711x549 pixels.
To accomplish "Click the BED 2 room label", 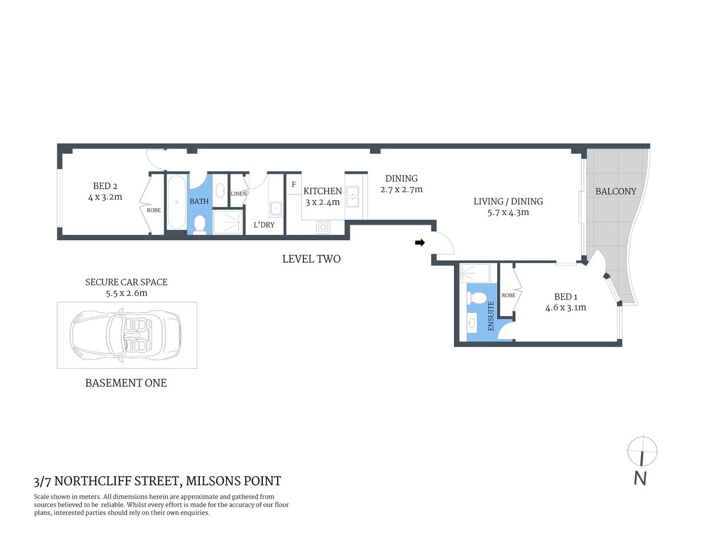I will tap(105, 186).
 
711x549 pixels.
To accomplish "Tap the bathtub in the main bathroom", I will tap(176, 202).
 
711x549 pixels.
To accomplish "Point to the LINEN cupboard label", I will tap(239, 194).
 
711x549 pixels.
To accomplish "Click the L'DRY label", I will tap(264, 225).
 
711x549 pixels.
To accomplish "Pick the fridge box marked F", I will tap(294, 185).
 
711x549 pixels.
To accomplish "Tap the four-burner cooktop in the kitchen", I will tap(323, 226).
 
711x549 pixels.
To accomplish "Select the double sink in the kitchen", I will tap(352, 197).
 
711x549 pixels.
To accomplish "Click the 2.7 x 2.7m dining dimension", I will tap(401, 189).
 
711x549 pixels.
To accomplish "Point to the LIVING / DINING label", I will tap(508, 201).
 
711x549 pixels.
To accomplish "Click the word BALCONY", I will tap(615, 192).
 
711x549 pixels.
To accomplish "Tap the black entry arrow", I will tap(420, 243).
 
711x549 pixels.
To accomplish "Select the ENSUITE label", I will tap(491, 316).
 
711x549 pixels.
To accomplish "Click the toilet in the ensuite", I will tap(476, 298).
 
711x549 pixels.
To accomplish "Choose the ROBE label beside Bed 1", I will tap(508, 295).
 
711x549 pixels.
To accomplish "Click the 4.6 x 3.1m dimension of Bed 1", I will tap(565, 308).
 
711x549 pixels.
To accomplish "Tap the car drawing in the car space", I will tap(125, 336).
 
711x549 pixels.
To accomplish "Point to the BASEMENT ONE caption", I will tap(126, 383).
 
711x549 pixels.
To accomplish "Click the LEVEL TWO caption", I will tap(311, 259).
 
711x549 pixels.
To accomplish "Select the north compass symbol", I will tap(642, 452).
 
